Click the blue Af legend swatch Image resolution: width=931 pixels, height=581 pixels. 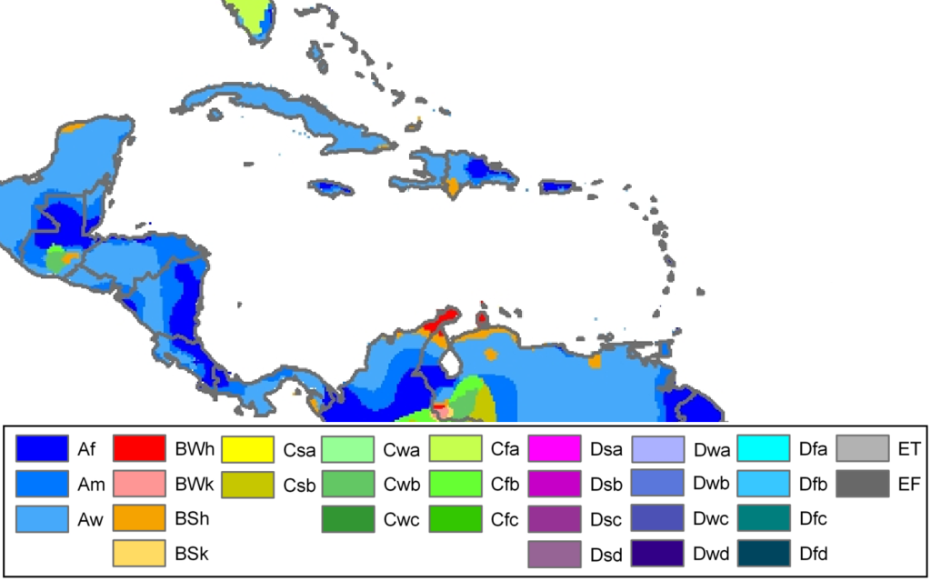tap(42, 448)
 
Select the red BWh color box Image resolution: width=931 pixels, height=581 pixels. tap(139, 448)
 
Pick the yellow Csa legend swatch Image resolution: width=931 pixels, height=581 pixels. tap(247, 448)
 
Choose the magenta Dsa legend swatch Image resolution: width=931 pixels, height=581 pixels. tap(555, 448)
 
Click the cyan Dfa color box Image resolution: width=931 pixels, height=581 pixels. tap(762, 448)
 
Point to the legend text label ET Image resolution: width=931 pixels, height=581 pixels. tap(908, 449)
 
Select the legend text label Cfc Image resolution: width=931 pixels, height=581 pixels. tap(505, 518)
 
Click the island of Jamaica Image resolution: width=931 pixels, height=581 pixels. tap(330, 188)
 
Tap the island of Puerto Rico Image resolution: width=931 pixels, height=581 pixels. tap(559, 186)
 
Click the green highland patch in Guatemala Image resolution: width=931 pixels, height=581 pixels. tap(56, 259)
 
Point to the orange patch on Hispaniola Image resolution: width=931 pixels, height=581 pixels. tap(453, 187)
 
